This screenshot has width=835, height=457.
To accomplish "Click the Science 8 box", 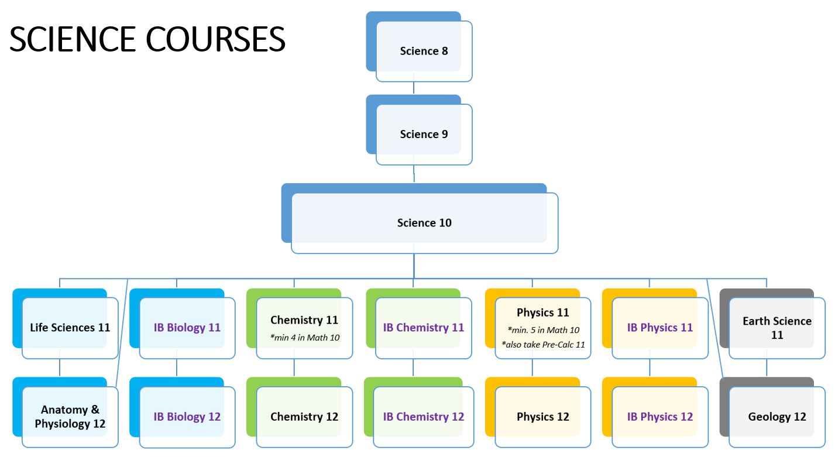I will click(424, 51).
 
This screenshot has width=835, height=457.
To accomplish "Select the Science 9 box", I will click(424, 134).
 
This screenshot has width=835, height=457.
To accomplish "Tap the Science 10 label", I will click(424, 223).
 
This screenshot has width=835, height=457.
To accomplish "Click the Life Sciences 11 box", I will click(70, 328).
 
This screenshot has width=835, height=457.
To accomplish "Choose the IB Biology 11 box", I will click(187, 328).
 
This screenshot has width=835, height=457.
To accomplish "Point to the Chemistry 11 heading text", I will click(304, 320).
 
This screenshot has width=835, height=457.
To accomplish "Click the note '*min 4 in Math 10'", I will click(304, 337).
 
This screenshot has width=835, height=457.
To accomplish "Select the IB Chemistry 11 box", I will click(424, 328).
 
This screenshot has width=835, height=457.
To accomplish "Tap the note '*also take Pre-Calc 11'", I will click(543, 344).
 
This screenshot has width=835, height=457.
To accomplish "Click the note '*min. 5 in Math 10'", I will click(543, 330).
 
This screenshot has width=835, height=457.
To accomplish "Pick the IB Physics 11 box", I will click(660, 328).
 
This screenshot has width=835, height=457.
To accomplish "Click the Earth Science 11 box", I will click(777, 328).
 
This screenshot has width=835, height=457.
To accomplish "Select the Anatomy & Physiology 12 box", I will click(70, 417).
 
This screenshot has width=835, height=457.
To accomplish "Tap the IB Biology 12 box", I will click(187, 417).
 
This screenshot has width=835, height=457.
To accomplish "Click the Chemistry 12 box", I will click(304, 417).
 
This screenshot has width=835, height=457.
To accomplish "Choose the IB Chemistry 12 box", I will click(424, 417).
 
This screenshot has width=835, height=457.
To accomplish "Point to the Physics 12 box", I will click(543, 417).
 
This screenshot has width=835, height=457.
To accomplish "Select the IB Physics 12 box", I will click(660, 417).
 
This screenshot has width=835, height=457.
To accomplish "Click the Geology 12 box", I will click(777, 417).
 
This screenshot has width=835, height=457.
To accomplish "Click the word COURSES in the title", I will click(215, 40).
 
